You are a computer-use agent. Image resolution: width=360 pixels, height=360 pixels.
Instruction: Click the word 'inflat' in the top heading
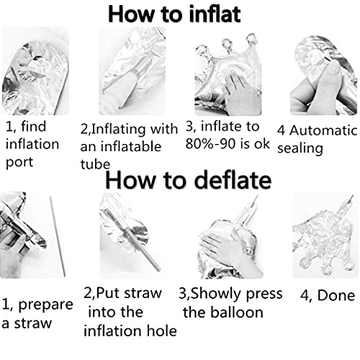tap(215, 14)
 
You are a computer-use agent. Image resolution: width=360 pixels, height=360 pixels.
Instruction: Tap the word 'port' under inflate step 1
tap(19, 163)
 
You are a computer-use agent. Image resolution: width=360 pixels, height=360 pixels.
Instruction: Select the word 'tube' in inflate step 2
tap(95, 164)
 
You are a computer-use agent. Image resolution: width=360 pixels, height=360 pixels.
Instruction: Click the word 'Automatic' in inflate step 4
tap(323, 131)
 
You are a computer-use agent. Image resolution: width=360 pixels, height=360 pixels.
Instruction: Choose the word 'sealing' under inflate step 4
tap(300, 149)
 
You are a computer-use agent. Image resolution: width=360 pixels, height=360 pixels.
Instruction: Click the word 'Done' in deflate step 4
tap(336, 295)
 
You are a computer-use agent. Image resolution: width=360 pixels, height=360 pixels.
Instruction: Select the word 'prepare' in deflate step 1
tap(45, 305)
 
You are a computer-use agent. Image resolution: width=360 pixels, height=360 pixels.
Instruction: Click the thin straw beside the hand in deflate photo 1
tap(58, 236)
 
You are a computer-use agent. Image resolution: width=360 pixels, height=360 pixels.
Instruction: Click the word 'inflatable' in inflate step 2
tap(131, 147)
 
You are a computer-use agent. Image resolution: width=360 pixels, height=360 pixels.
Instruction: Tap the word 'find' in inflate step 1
tap(33, 126)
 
